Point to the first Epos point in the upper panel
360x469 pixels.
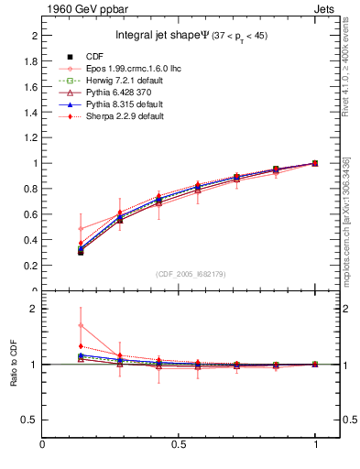click(x=81, y=229)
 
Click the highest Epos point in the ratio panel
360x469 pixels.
click(x=81, y=325)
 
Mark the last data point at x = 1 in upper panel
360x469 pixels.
click(x=315, y=163)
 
